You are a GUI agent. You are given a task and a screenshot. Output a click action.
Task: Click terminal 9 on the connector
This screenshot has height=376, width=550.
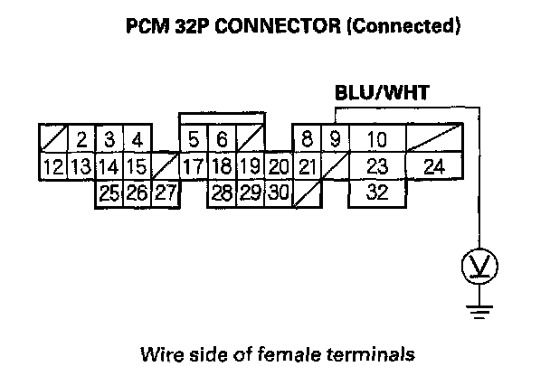pyautogui.click(x=335, y=140)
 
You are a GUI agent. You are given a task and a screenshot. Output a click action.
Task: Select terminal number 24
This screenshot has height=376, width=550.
pyautogui.click(x=434, y=167)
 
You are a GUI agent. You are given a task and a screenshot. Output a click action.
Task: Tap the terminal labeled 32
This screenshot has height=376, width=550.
pyautogui.click(x=378, y=193)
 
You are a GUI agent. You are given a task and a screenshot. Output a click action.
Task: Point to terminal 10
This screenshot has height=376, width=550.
pyautogui.click(x=378, y=140)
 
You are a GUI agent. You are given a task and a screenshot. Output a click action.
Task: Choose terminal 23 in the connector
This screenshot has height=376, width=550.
pyautogui.click(x=378, y=167)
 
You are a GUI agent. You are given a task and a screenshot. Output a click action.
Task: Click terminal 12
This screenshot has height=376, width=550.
pyautogui.click(x=53, y=167)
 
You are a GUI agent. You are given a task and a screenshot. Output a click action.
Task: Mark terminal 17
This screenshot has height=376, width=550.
pyautogui.click(x=193, y=167)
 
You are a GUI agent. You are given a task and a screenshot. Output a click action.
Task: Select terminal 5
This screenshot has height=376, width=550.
pyautogui.click(x=194, y=140)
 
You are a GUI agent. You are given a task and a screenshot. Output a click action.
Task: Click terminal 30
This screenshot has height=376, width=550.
pyautogui.click(x=279, y=193)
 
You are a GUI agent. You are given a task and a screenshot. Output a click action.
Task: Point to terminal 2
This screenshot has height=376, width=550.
pyautogui.click(x=81, y=140)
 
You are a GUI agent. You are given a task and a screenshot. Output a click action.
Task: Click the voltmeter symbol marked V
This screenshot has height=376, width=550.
pyautogui.click(x=475, y=267)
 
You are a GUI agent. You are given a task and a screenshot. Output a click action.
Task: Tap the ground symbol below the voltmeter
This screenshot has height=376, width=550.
pyautogui.click(x=475, y=312)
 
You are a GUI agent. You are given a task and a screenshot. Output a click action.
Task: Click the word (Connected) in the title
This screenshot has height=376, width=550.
pyautogui.click(x=404, y=26)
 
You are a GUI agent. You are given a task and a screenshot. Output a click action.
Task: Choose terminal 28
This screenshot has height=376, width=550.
pyautogui.click(x=222, y=193)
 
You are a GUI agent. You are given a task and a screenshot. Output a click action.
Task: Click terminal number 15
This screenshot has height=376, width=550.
pyautogui.click(x=136, y=167)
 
